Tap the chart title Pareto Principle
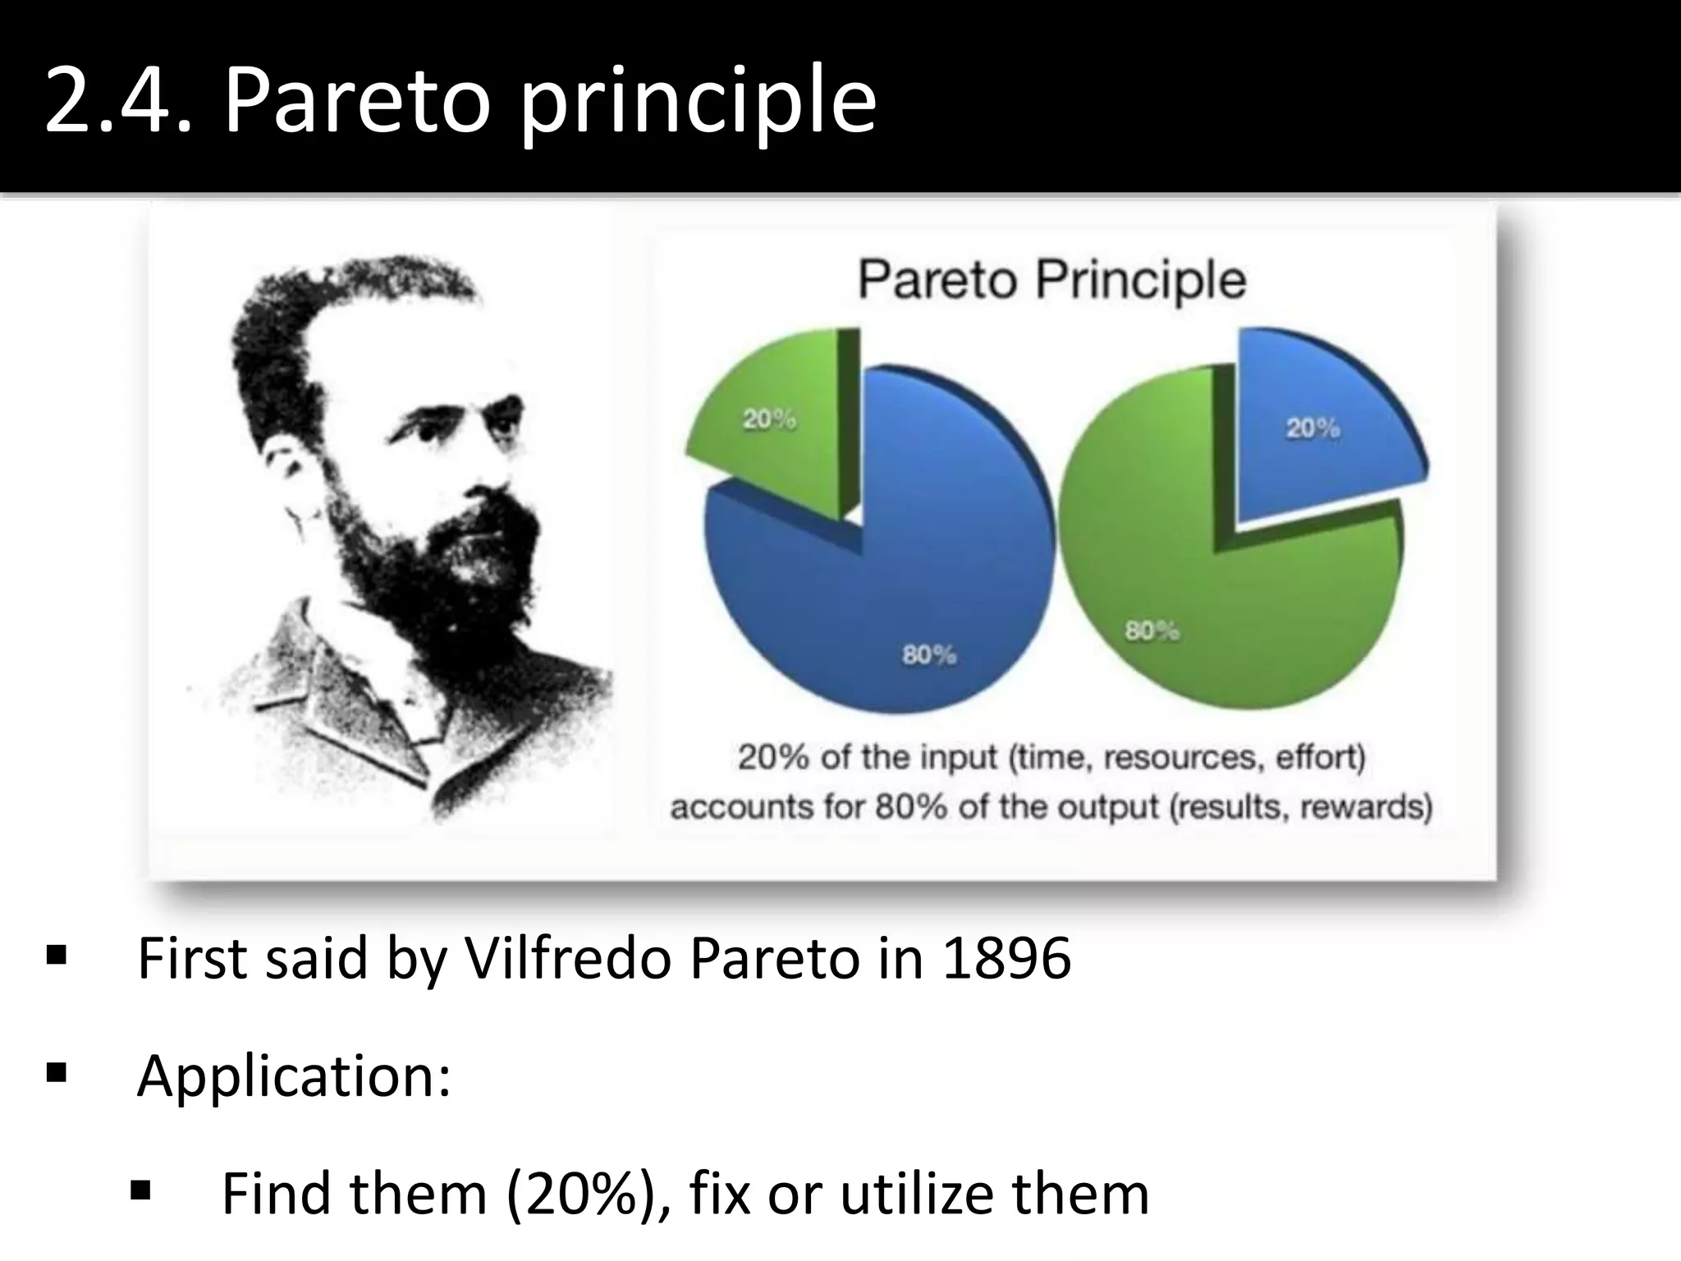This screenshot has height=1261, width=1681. coord(1051,280)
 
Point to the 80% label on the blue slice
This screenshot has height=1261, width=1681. coord(929,654)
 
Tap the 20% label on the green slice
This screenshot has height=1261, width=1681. coord(769,420)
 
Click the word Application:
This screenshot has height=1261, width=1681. coord(294,1075)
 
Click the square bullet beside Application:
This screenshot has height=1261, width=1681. coord(57,1072)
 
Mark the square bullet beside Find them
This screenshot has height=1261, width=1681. coord(140,1190)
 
